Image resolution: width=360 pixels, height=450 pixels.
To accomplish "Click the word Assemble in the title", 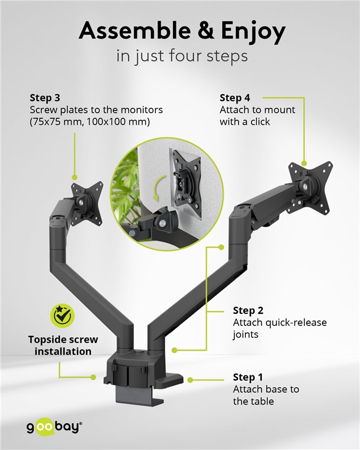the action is click(134, 30).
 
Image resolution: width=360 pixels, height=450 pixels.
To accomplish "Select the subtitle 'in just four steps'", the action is click(182, 56).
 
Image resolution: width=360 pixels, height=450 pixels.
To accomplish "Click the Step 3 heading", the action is click(45, 98).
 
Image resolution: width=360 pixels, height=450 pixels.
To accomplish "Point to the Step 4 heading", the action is click(235, 98).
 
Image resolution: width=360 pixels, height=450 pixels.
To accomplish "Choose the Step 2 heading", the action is click(248, 310).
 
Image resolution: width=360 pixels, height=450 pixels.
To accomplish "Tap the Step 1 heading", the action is click(247, 377).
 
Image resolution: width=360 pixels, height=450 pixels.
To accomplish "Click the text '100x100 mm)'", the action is click(118, 122).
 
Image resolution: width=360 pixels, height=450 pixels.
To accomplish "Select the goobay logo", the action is click(54, 427).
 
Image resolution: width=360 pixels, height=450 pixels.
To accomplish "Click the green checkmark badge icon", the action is click(62, 316).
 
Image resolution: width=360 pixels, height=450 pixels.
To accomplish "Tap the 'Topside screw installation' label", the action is click(63, 346).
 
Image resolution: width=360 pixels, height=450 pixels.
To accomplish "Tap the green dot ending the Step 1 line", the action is click(190, 380).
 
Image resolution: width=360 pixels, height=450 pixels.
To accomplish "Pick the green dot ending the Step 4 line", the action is click(304, 163).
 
